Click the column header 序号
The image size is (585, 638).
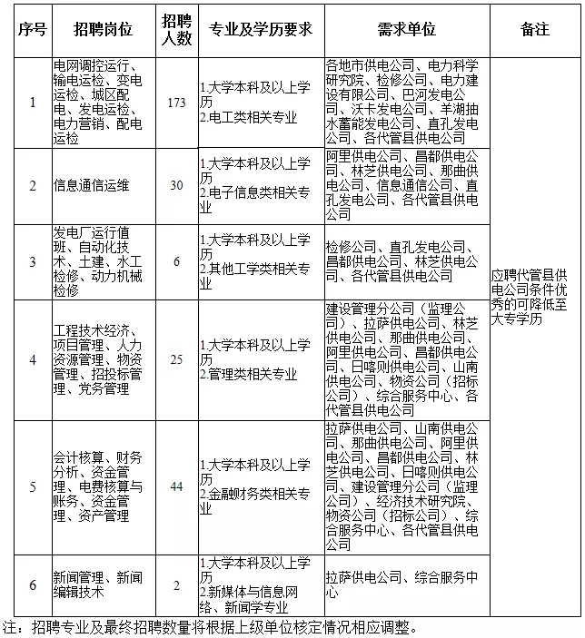[32, 30]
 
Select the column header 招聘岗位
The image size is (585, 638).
[103, 30]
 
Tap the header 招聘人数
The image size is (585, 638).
[176, 30]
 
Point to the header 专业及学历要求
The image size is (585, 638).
[260, 30]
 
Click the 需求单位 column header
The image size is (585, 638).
[404, 30]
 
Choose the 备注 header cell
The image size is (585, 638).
[534, 30]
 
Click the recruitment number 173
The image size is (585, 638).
[176, 103]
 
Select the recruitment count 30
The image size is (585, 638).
[176, 185]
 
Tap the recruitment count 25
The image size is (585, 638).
[176, 358]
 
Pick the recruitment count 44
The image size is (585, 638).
[176, 487]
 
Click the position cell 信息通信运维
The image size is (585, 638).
[91, 185]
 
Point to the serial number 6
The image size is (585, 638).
[32, 584]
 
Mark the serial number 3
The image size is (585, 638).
[32, 261]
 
